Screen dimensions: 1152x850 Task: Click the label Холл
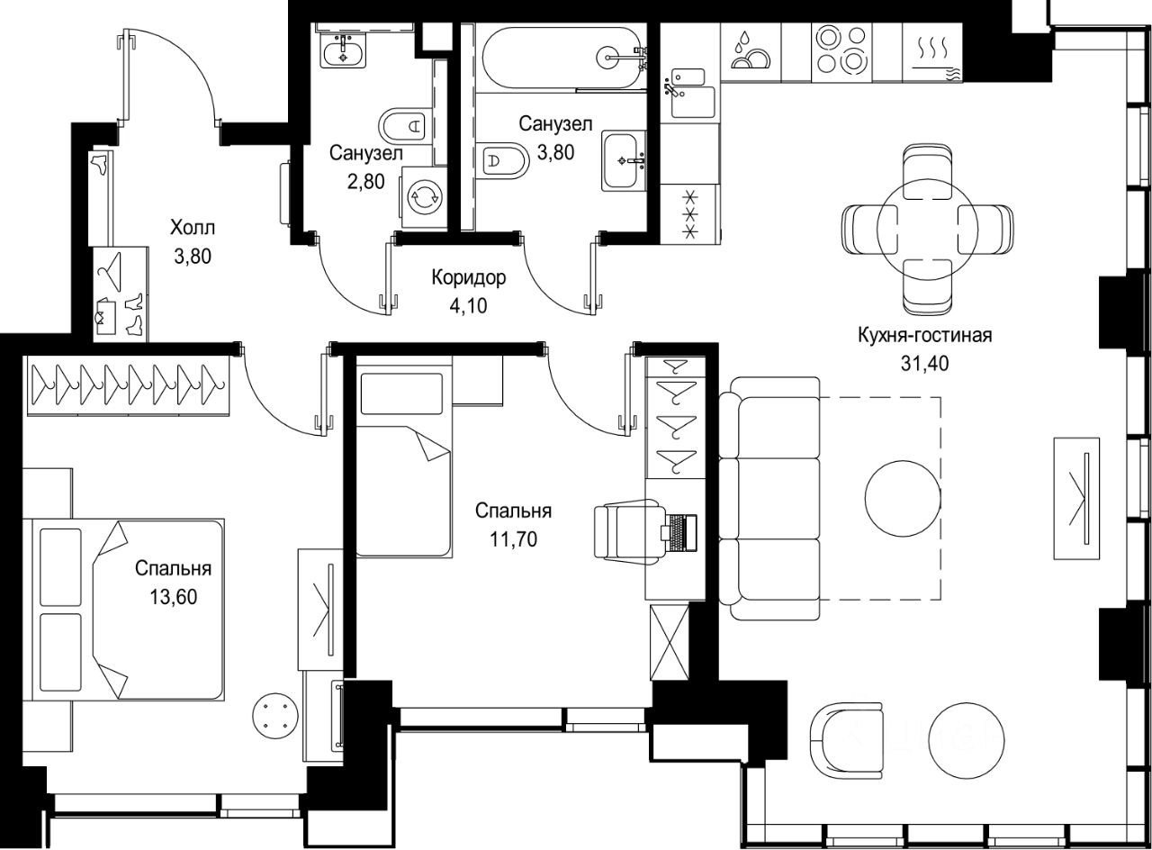[x=193, y=227]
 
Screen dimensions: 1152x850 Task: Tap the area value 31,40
[x=924, y=364]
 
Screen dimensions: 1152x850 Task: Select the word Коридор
[x=469, y=278]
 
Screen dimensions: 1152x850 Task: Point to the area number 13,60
[x=174, y=597]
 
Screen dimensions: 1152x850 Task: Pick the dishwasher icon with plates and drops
[x=751, y=51]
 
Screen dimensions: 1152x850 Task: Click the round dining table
[x=927, y=229]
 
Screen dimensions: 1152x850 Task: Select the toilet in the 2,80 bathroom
[x=405, y=125]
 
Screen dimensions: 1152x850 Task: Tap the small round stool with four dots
[x=275, y=716]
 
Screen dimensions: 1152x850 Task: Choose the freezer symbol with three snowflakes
[x=690, y=214]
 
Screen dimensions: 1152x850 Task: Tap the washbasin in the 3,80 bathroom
[x=625, y=161]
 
